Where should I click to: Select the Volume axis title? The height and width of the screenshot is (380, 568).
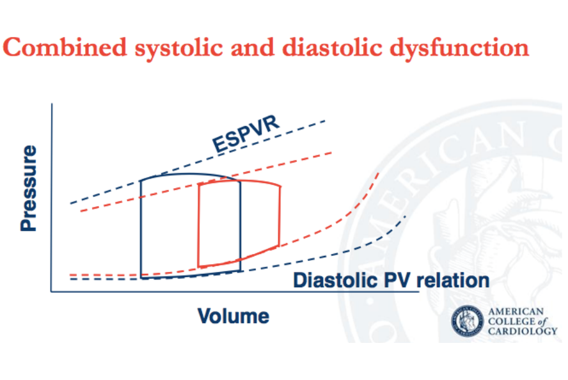pos(233,316)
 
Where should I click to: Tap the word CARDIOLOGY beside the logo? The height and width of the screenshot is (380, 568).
pos(522,331)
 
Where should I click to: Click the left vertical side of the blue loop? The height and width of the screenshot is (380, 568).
pos(141,230)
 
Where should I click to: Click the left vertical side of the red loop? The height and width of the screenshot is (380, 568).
pos(199,224)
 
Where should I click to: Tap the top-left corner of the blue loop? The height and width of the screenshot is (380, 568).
pos(141,182)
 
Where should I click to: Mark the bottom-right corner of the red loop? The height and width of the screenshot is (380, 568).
pos(279,246)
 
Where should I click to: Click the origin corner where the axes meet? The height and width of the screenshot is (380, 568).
pos(52,292)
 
